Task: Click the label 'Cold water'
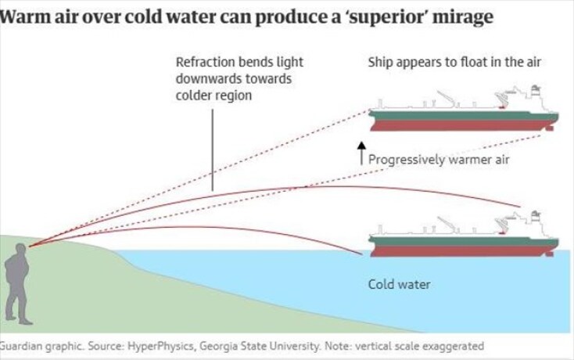[399, 283]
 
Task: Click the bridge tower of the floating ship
[536, 99]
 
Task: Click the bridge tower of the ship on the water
[536, 222]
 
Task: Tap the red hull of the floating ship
[461, 125]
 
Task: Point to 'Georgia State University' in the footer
[250, 345]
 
